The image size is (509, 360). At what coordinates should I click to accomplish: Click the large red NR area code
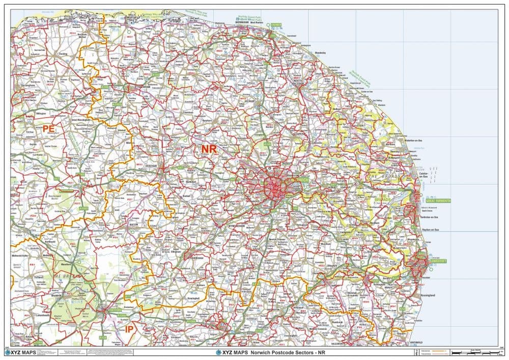[x=209, y=149]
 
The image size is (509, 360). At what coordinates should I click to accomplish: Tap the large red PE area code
[x=48, y=129]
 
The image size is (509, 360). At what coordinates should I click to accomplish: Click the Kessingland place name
[x=428, y=295]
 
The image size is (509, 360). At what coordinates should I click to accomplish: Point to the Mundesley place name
[x=320, y=52]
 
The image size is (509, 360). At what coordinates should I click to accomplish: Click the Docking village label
[x=63, y=53]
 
